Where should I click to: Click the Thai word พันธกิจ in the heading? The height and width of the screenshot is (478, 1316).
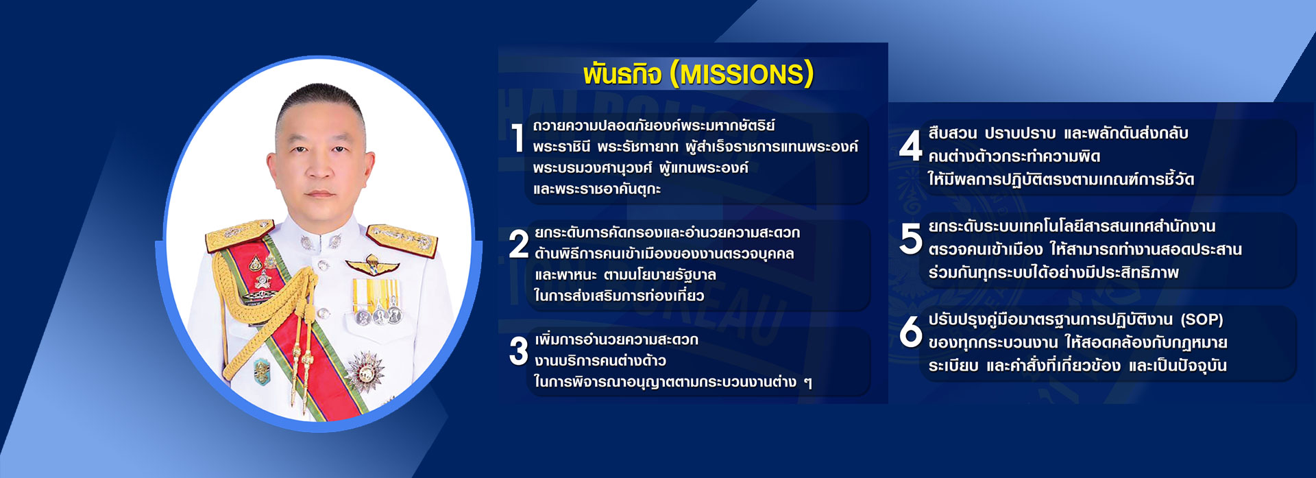pos(622,74)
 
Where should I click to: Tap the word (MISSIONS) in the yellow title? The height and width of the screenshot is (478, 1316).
pos(742,74)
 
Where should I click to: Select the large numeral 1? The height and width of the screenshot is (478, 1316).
pos(518,138)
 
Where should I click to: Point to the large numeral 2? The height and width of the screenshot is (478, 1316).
pos(519,245)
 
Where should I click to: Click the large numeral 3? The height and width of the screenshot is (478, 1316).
pos(519,351)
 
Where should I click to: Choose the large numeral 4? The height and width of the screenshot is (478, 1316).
pos(911,146)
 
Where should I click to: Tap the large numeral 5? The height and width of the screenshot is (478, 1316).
pos(911,239)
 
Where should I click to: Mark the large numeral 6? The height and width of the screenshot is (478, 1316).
pos(911,332)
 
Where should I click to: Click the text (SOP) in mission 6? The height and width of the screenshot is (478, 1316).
pos(1202,320)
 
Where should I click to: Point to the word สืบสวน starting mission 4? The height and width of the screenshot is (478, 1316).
pos(953,133)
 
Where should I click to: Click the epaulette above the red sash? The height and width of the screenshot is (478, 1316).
pos(239,235)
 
